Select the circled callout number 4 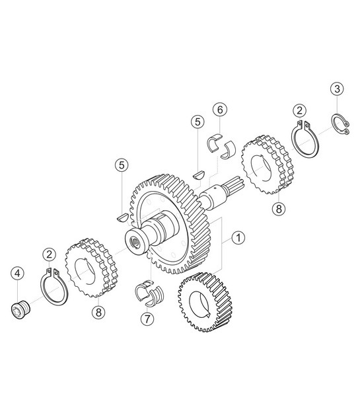(x=18, y=272)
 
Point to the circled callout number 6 (x=220, y=108)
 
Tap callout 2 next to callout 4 (x=50, y=254)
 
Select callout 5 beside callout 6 (x=197, y=121)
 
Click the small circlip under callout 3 (x=340, y=126)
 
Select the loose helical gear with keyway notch (x=203, y=301)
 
